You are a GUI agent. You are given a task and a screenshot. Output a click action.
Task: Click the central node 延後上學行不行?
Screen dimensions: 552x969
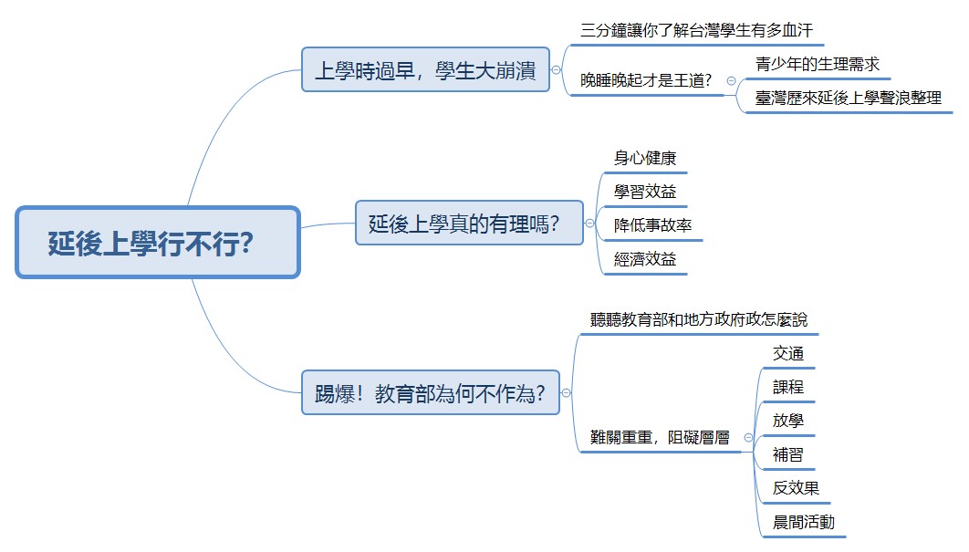tap(157, 243)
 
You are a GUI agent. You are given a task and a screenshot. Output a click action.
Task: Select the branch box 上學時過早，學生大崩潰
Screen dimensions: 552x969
tap(425, 69)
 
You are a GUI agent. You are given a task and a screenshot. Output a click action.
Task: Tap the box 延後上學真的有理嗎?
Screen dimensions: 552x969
tap(469, 223)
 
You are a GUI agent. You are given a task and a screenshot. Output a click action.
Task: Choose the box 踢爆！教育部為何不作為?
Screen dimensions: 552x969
tap(431, 393)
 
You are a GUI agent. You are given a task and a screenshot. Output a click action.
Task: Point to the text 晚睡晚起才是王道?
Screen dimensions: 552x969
tap(646, 81)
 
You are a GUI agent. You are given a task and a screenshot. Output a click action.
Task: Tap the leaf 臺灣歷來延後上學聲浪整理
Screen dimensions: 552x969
tap(849, 99)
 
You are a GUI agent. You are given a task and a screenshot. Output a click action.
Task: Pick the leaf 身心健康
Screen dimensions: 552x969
tap(645, 158)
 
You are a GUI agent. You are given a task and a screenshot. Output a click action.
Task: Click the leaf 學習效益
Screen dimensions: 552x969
tap(645, 192)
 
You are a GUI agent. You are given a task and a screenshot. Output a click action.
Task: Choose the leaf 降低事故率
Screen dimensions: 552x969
tap(652, 225)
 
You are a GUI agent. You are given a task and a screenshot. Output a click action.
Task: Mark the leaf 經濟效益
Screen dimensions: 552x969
tap(645, 259)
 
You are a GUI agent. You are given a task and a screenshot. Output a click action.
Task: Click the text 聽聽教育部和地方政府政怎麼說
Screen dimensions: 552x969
tap(698, 320)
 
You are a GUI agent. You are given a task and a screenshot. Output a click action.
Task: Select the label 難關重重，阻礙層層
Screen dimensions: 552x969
tap(660, 437)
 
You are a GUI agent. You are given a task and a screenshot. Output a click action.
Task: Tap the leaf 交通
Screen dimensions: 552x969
tap(787, 353)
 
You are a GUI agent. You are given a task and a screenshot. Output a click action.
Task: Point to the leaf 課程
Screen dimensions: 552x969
tap(787, 387)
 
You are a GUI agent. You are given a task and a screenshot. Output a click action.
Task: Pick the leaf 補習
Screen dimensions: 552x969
tap(787, 454)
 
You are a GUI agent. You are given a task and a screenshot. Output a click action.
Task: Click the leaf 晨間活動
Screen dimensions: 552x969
tap(803, 522)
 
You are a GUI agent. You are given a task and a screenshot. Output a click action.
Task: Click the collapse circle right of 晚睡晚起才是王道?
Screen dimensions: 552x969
tap(731, 81)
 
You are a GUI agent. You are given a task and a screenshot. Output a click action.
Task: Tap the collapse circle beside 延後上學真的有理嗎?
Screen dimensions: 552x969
tap(589, 223)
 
